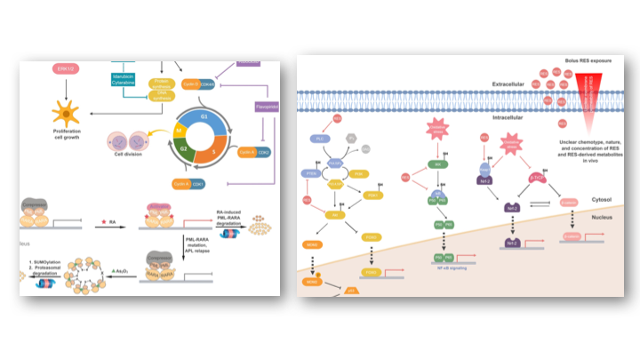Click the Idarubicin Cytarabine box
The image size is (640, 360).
click(x=123, y=83)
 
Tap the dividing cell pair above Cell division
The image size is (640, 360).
click(x=124, y=140)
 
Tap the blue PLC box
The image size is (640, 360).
click(x=318, y=140)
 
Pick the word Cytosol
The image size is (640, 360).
click(x=606, y=201)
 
